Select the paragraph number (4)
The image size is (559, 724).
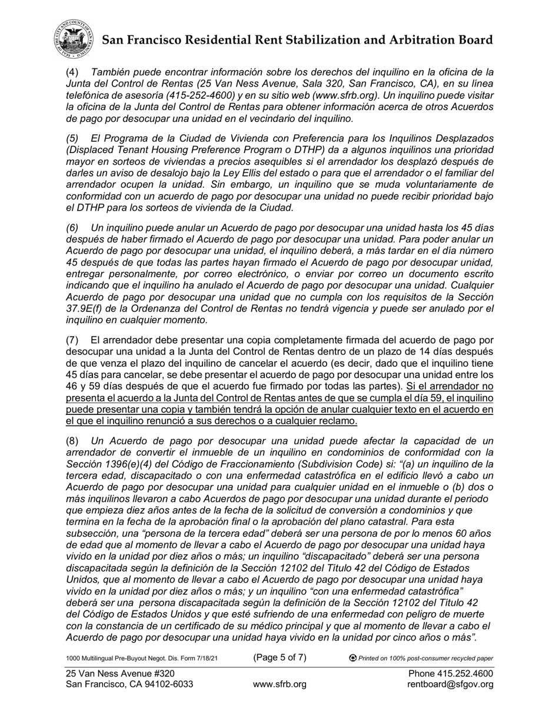point(72,72)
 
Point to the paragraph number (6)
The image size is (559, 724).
point(72,228)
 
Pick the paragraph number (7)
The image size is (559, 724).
point(72,340)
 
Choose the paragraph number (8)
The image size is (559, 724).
point(72,441)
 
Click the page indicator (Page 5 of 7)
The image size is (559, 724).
point(279,657)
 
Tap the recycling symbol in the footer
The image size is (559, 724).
point(352,658)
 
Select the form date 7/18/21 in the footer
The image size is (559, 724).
point(204,659)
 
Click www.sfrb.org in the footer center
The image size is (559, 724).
point(279,685)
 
